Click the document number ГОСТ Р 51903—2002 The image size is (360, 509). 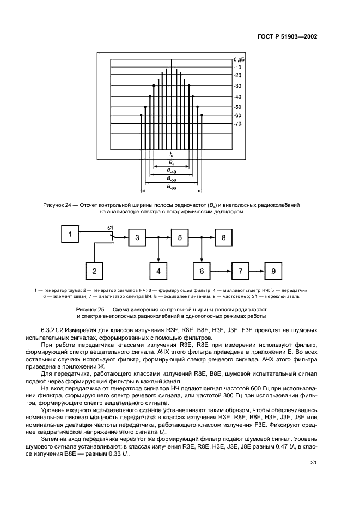(x=288, y=37)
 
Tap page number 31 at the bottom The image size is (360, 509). (x=313, y=463)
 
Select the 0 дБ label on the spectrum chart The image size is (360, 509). (x=239, y=58)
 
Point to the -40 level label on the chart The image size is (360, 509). (x=237, y=97)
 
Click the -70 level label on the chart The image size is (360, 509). (x=237, y=124)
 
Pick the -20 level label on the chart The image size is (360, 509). (x=237, y=75)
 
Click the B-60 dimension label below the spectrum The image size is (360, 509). (x=171, y=187)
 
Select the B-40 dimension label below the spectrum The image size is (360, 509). (x=171, y=170)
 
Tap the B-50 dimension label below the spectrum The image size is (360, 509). (x=171, y=179)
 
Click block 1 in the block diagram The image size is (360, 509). (x=70, y=235)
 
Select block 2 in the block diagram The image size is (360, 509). (x=94, y=271)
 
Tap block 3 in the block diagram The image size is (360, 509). (x=137, y=237)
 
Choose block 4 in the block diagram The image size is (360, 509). (x=158, y=271)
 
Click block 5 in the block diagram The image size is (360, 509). (x=179, y=237)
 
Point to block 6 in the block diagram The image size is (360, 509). (x=202, y=271)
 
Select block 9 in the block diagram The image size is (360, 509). (x=274, y=271)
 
